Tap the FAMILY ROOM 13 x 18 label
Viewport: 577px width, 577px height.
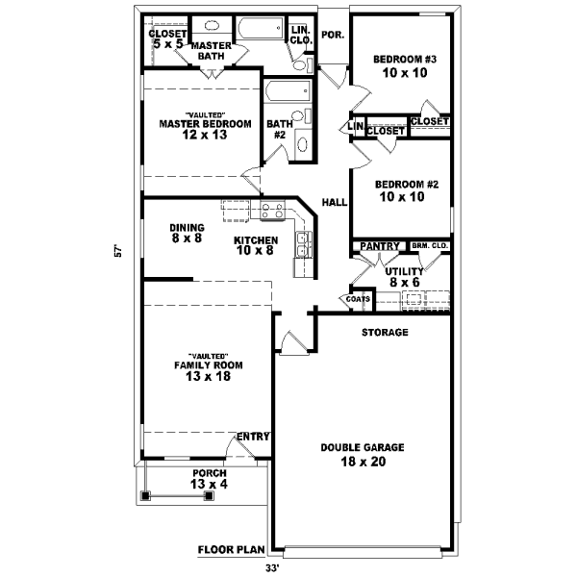(x=208, y=370)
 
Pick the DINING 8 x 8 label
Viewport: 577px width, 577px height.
(x=188, y=233)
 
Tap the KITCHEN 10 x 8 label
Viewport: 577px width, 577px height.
(x=256, y=245)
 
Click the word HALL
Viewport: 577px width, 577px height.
(x=334, y=203)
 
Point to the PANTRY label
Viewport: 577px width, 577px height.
(x=380, y=247)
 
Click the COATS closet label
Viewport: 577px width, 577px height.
(x=358, y=299)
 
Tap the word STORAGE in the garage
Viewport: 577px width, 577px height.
(x=385, y=333)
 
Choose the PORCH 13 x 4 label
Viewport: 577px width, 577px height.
(x=209, y=479)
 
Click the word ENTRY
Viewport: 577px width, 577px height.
(x=253, y=437)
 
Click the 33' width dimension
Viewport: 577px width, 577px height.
(x=285, y=567)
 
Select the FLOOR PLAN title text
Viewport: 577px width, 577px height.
(x=231, y=550)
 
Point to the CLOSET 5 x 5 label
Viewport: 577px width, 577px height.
(x=167, y=39)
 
